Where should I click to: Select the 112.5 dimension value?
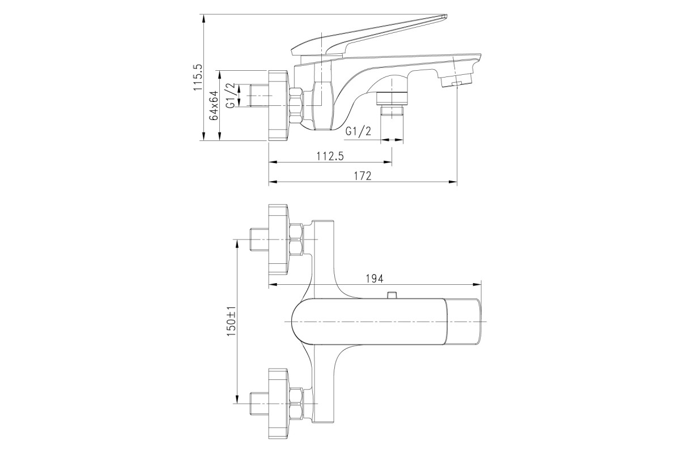click(330, 156)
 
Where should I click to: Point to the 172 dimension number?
click(363, 176)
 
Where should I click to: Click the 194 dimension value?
click(375, 279)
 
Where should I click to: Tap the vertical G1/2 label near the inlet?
click(231, 95)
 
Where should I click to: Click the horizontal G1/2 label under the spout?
click(358, 131)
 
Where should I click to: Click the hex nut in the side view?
click(296, 105)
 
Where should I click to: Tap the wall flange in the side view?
click(278, 105)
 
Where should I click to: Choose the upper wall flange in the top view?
click(278, 240)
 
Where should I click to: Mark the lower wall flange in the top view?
click(278, 404)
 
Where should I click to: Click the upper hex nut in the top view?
click(297, 240)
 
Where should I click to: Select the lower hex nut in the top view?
click(297, 404)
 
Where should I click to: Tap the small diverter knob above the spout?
click(392, 295)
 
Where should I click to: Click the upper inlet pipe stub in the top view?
click(259, 240)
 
